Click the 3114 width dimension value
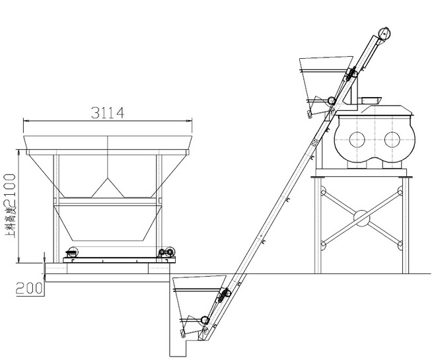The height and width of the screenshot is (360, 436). pyautogui.click(x=108, y=113)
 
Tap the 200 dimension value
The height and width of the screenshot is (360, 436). pyautogui.click(x=30, y=288)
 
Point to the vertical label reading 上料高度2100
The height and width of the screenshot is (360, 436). pyautogui.click(x=11, y=206)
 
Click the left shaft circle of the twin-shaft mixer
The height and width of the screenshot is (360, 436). pyautogui.click(x=357, y=139)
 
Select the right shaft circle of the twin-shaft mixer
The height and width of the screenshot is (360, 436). pyautogui.click(x=392, y=139)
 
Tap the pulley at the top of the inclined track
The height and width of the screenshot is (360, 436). pyautogui.click(x=384, y=34)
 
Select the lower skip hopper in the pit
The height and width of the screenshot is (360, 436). pyautogui.click(x=198, y=306)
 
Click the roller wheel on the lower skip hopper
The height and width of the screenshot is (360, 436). pyautogui.click(x=205, y=320)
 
